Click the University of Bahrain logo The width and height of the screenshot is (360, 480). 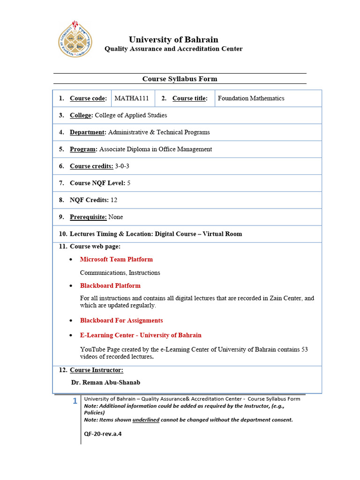point(75,39)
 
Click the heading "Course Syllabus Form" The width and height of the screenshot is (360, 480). point(180,79)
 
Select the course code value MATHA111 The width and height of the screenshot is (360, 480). point(132,98)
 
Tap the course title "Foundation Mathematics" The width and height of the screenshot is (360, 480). point(251,98)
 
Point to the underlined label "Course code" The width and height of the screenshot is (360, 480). point(88,98)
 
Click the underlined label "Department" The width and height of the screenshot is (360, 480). point(87,132)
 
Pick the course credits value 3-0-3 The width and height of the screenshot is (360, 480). point(122,166)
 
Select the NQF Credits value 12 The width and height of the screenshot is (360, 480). point(114,200)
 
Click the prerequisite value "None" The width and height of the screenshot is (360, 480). point(116,217)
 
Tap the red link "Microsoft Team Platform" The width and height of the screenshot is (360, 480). point(116,259)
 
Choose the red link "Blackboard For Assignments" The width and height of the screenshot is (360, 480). point(121,321)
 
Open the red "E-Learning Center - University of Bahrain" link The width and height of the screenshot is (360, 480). point(141,335)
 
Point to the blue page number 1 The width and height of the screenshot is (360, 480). point(75,401)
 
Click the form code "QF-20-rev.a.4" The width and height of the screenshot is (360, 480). point(103,434)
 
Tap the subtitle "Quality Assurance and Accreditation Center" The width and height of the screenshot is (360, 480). point(173,49)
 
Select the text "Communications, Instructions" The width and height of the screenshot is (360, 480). point(120,273)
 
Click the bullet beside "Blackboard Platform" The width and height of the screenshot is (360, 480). point(70,286)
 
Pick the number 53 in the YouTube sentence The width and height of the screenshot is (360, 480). point(304,350)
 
